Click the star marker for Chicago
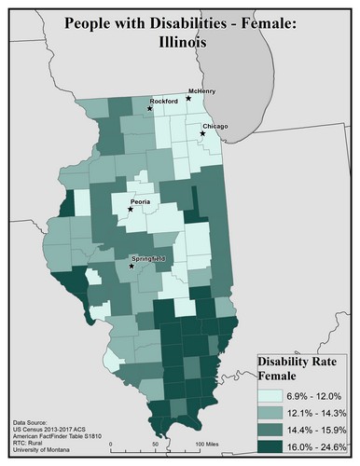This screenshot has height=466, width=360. pos(202,135)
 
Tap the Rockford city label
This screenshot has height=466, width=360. pos(164,101)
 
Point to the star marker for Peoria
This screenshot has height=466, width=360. pos(131,210)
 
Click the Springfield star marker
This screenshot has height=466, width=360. pos(131,267)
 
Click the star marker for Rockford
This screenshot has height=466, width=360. pos(147,109)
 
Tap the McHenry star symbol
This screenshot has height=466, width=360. pos(188,98)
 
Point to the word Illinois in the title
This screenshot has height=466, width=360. pos(180,42)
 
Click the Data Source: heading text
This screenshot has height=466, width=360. pos(34,421)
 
